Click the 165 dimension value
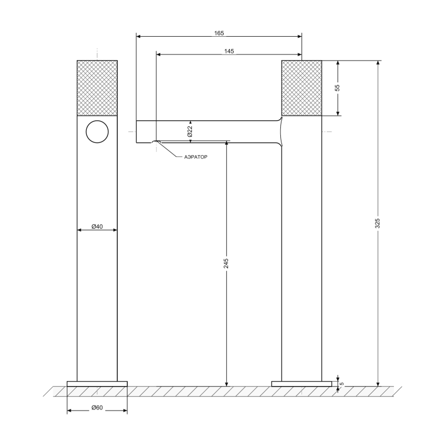point(219,33)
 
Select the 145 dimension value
point(229,51)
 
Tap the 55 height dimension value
point(337,88)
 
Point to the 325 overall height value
point(377,223)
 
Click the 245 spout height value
point(226,263)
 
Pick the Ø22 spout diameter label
point(190,131)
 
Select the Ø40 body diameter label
point(97,226)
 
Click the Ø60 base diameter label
point(97,408)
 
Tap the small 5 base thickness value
point(342,384)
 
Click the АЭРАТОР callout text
point(196,157)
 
